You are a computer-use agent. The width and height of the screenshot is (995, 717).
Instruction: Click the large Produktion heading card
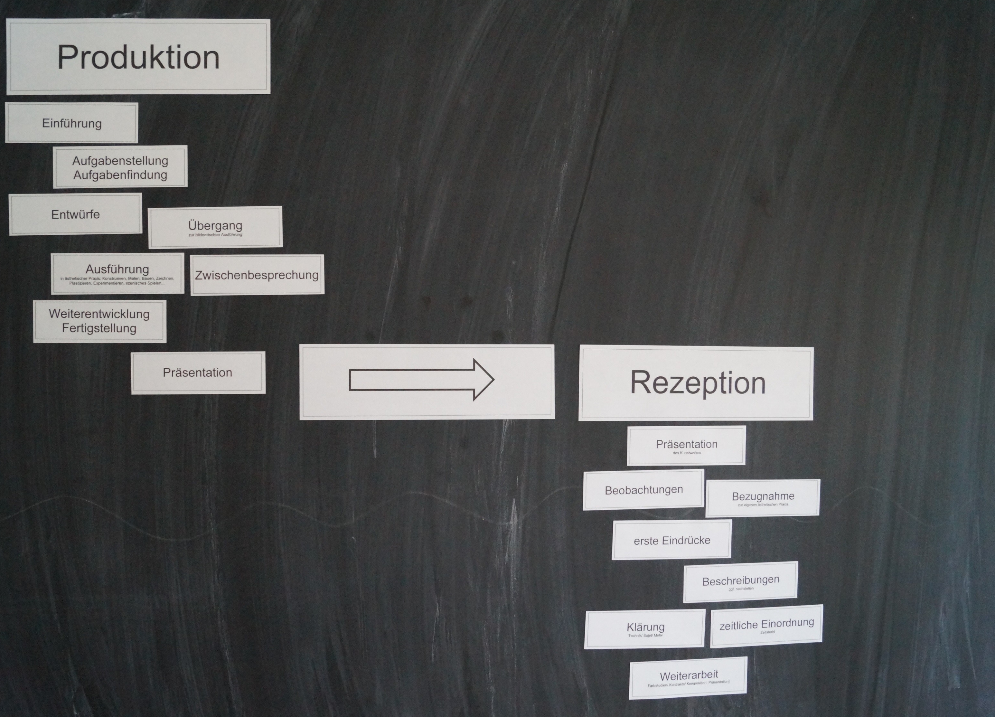[x=138, y=57]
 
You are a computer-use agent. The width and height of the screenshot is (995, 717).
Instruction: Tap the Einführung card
[x=71, y=123]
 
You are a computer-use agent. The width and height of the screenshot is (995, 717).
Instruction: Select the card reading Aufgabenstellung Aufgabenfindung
[x=120, y=167]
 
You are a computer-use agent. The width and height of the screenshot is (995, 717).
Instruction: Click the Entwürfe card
[x=75, y=214]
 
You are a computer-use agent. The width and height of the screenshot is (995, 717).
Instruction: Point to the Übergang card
[x=215, y=227]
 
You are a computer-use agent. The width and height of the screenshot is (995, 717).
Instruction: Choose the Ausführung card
[x=117, y=273]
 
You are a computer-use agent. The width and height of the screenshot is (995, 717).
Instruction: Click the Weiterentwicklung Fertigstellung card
[x=99, y=321]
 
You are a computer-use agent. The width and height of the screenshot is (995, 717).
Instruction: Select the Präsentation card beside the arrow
[x=198, y=373]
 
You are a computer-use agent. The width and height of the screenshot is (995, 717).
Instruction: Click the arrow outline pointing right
[x=421, y=380]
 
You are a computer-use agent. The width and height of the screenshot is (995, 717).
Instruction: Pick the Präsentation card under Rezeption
[x=686, y=445]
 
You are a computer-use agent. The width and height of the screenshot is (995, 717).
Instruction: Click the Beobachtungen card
[x=643, y=490]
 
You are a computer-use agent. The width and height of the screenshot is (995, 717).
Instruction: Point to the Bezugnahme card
[x=763, y=498]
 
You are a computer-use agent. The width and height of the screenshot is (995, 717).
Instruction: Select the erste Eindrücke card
[x=672, y=540]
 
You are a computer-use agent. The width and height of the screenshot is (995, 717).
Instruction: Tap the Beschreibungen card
[x=741, y=582]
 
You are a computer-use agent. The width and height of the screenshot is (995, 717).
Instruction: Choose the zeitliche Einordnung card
[x=766, y=625]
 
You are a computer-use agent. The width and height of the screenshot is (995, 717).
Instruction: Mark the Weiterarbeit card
[x=688, y=677]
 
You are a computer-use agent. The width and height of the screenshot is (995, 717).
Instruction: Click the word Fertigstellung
[x=99, y=328]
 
